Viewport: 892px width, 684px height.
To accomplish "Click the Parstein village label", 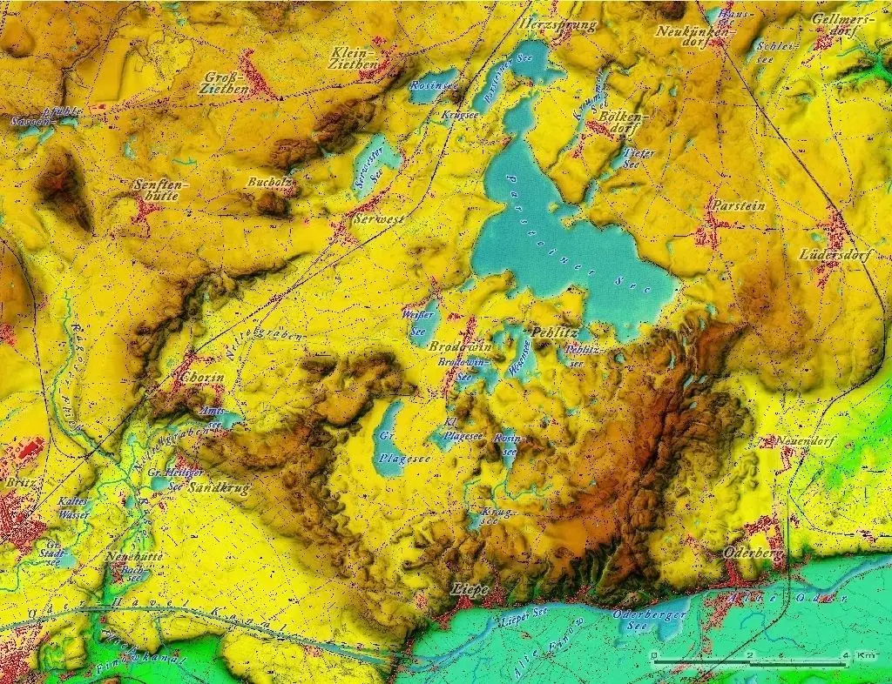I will pos(737,205).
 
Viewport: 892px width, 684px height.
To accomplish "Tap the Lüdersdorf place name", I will pos(830,255).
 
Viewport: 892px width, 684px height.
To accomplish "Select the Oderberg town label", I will pos(754,553).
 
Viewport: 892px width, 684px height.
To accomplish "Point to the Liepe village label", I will pos(470,589).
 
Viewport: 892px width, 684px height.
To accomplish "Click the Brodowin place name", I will pos(461,345).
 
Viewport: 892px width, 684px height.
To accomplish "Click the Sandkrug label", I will pos(219,487).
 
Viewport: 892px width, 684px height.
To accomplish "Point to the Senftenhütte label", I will pos(159,190).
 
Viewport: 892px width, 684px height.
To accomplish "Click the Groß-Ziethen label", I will pos(225,82).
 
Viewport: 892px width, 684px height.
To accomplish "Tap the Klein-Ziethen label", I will pos(354,57).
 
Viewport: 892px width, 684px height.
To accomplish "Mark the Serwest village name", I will pos(378,220).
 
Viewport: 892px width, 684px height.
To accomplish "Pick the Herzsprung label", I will pos(557,24).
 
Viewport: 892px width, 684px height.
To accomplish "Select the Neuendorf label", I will pos(805,441).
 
